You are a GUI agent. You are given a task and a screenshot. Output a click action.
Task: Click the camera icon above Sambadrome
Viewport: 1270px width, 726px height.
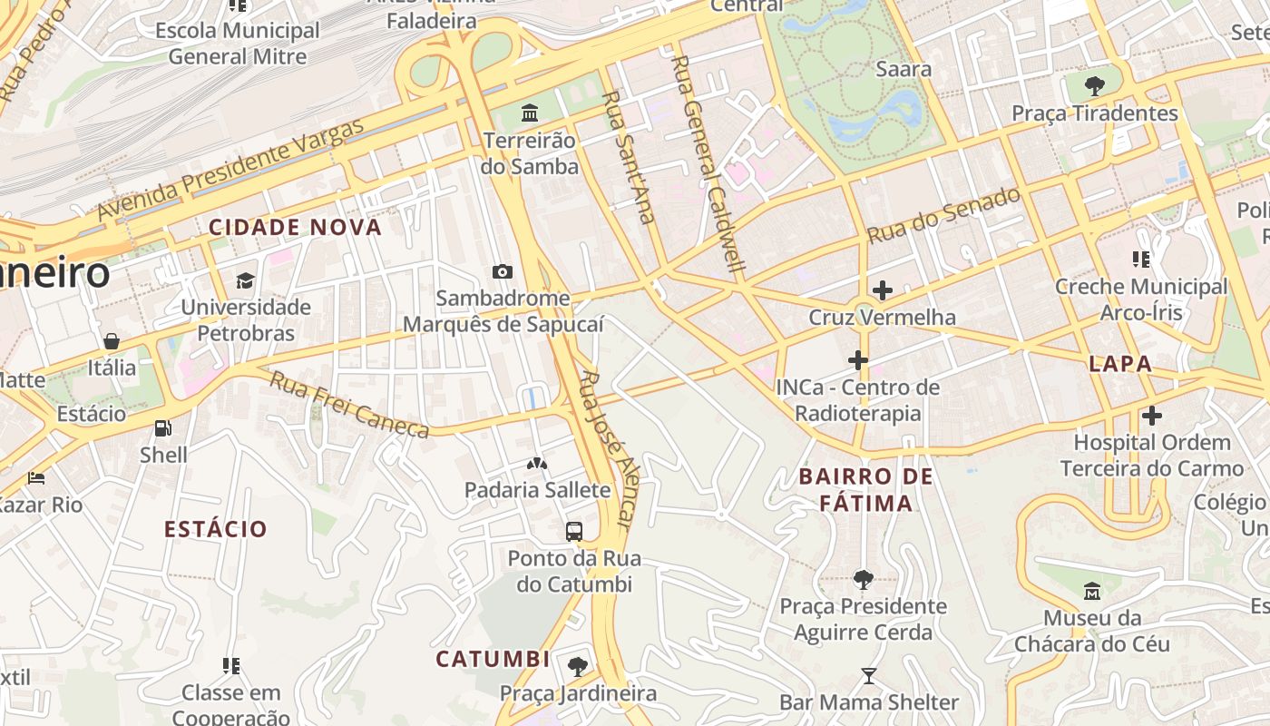502,271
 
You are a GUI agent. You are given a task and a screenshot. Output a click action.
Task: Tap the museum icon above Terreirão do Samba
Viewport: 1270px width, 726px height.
530,113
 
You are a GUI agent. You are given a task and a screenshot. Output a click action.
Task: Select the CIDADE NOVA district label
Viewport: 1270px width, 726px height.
296,227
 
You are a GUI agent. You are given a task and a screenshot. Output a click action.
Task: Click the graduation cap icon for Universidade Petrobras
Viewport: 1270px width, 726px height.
246,280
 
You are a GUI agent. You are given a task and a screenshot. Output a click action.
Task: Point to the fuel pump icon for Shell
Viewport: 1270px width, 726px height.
163,427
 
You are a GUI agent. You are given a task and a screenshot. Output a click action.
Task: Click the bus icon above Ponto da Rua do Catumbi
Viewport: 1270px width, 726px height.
573,532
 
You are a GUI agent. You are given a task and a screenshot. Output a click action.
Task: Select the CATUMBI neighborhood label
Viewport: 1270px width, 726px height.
493,659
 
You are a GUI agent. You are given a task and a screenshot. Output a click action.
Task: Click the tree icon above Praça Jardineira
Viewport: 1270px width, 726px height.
577,667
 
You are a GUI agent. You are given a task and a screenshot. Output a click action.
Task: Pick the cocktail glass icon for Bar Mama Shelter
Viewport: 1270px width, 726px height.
868,675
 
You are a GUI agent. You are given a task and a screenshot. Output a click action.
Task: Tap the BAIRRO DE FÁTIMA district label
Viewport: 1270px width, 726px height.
866,490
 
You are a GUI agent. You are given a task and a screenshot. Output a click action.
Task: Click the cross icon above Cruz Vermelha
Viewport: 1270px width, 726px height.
882,290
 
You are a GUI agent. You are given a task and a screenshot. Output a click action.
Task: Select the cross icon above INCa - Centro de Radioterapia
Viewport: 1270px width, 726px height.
857,360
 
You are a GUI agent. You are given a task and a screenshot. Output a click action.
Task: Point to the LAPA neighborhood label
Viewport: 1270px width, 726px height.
1120,364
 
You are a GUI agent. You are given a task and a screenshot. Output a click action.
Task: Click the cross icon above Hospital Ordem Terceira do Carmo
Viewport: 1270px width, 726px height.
1151,416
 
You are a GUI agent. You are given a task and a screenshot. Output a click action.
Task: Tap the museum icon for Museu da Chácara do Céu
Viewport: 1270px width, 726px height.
1091,591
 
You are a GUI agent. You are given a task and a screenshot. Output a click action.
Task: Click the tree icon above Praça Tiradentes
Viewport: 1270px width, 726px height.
1094,86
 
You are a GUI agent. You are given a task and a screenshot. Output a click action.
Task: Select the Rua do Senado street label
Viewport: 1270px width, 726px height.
943,215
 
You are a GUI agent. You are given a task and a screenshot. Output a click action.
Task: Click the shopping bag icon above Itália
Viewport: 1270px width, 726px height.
112,341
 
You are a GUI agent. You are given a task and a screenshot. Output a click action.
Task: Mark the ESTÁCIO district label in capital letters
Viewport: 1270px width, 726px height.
216,529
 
